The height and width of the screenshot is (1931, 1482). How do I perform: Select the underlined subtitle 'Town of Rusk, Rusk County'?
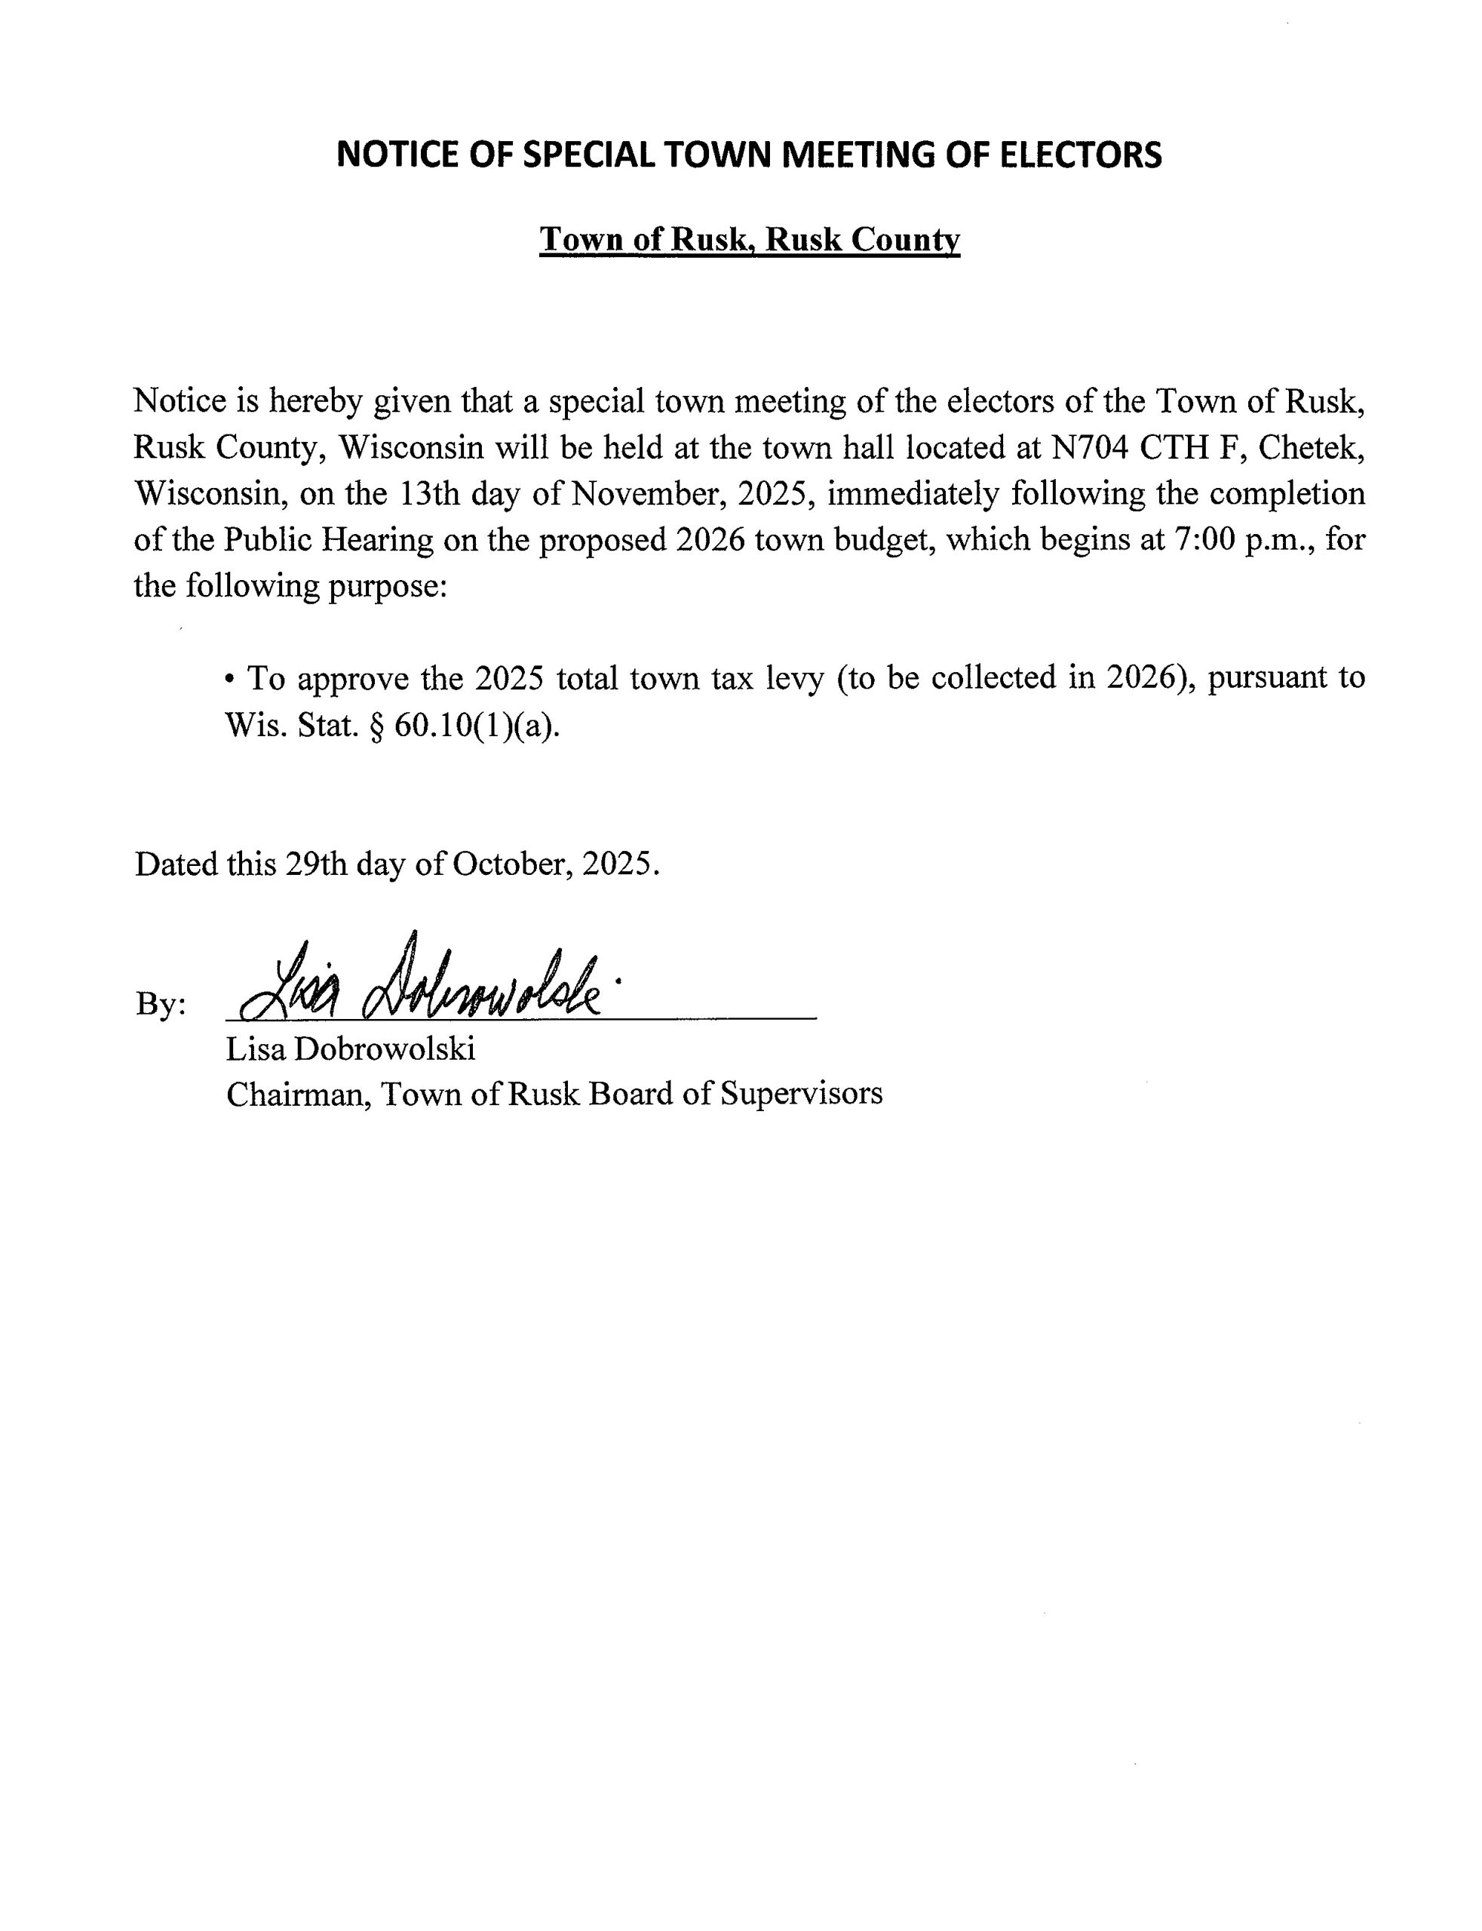(749, 239)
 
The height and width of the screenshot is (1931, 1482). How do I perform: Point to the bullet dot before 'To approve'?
(231, 680)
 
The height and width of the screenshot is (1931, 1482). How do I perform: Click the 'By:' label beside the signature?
(161, 1005)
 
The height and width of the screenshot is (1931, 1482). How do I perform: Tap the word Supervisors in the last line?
(801, 1094)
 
